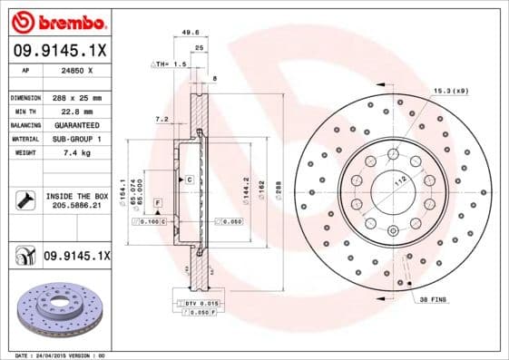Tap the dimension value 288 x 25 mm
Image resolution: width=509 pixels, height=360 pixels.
[77, 97]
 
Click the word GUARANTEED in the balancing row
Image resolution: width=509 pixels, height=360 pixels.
[77, 124]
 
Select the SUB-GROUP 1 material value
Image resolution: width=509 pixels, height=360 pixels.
[77, 138]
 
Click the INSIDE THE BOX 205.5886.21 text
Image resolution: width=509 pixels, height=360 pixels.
[76, 200]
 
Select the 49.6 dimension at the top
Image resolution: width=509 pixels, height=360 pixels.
[191, 32]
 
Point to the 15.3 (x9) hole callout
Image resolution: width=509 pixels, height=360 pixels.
[451, 92]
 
